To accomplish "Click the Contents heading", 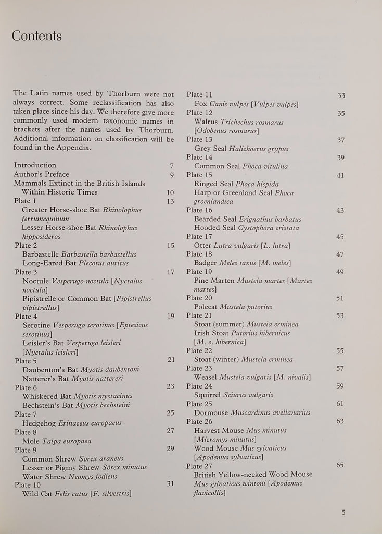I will click(x=36, y=36).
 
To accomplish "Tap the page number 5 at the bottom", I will click(x=343, y=512).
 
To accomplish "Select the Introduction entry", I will click(x=35, y=165).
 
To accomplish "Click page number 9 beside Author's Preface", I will click(x=171, y=174).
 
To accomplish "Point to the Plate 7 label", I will click(x=26, y=414).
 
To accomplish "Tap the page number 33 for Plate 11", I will click(x=341, y=95).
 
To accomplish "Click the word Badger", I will click(x=206, y=263).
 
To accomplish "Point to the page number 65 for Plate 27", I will click(x=340, y=465).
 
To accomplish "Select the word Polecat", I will click(x=206, y=307).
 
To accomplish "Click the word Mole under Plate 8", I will click(x=31, y=441).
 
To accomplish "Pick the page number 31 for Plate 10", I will click(x=170, y=484).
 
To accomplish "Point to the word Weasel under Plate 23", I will click(x=206, y=377).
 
